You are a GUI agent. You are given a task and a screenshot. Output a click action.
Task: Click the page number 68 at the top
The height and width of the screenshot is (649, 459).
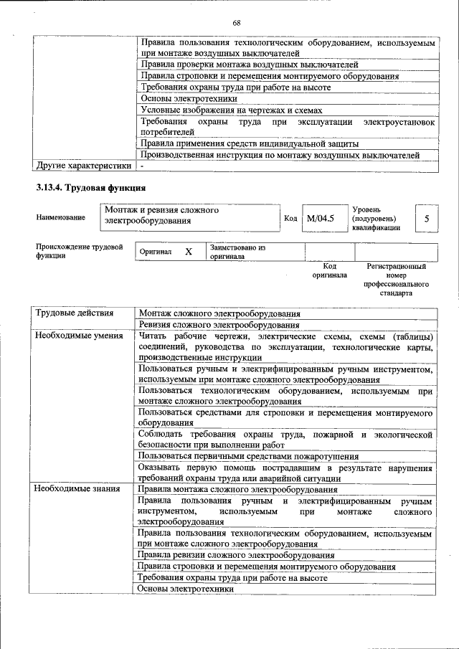(236, 23)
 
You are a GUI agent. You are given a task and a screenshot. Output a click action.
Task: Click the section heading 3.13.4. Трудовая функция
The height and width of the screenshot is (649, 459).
(91, 189)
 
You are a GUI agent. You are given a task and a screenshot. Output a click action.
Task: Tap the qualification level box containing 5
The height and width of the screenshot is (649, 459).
(426, 218)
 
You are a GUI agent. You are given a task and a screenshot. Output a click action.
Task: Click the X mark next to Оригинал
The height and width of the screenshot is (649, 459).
(189, 252)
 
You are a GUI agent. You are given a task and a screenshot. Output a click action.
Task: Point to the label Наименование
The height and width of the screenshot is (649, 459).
(60, 217)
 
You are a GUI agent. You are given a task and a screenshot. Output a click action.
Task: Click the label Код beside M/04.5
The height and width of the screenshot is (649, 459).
(290, 218)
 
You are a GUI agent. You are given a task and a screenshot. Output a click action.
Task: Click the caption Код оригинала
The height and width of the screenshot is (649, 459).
(330, 270)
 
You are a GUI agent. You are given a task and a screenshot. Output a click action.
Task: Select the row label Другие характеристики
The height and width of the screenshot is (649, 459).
(83, 166)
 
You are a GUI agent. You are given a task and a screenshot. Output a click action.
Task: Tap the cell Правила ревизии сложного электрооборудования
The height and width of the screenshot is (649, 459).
(236, 555)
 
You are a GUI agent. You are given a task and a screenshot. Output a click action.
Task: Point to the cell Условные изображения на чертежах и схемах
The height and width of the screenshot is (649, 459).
(231, 110)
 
